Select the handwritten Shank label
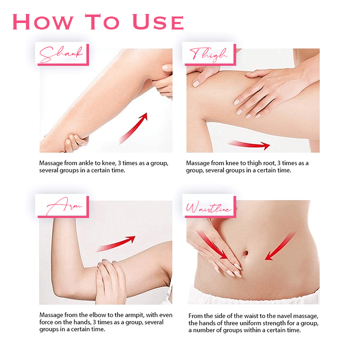point(61,54)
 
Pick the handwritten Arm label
point(64,205)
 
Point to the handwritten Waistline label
point(208,207)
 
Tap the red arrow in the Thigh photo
point(249,144)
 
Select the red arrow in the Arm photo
point(116,244)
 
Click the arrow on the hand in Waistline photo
point(212,245)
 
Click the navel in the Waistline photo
point(244,253)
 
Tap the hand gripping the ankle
point(75,142)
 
